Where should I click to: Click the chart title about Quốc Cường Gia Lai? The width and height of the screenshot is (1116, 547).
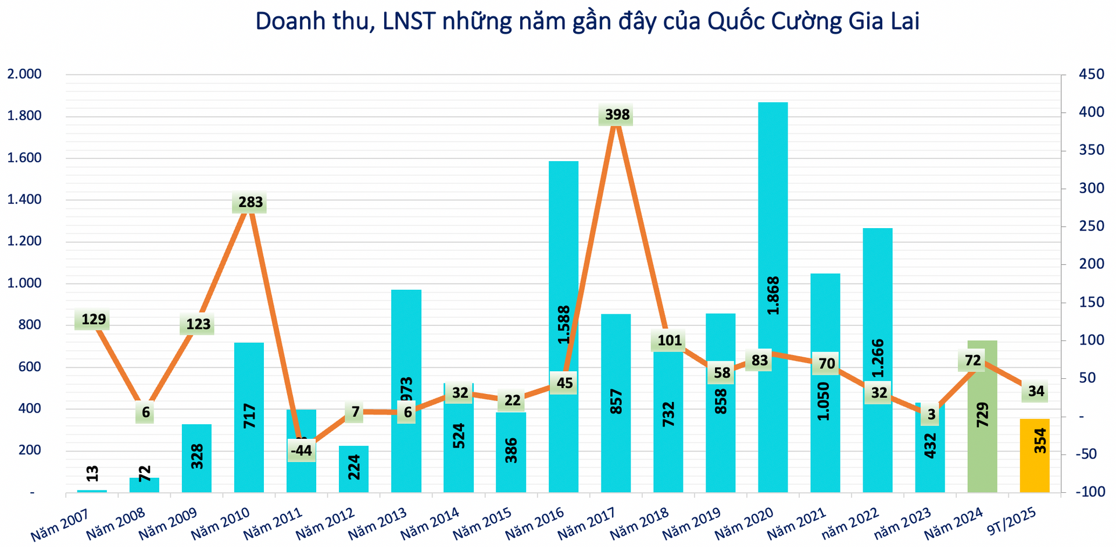coord(587,22)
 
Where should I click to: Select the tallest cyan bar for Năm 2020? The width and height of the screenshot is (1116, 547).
coord(772,233)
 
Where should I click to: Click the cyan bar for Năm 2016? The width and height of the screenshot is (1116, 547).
coord(563,262)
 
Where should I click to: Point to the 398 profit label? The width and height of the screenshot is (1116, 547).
coord(617,115)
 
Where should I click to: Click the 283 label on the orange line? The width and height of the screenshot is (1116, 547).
coord(251,202)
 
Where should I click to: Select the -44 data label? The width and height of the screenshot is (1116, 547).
coord(302,450)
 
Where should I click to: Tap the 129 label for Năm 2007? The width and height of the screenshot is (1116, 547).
coord(94,319)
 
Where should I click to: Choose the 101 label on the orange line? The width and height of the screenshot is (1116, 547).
coord(669,340)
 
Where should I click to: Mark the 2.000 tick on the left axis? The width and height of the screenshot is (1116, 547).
coord(24,74)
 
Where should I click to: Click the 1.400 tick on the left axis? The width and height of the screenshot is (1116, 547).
coord(24,200)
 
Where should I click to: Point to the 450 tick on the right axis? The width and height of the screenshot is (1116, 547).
coord(1091,74)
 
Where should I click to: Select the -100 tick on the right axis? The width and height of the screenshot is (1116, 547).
coord(1090,492)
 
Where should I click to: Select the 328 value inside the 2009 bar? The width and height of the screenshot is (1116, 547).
coord(197,456)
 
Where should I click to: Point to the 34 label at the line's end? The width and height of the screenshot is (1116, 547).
coord(1036,391)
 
